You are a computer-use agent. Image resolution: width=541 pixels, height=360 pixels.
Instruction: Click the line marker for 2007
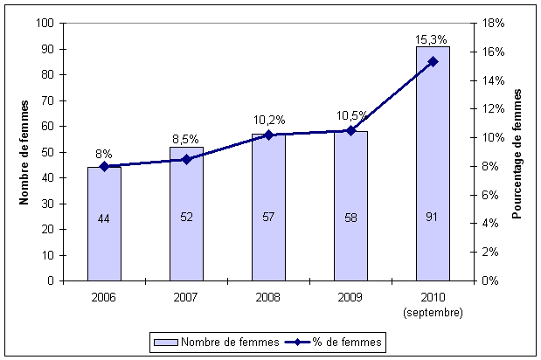(186, 159)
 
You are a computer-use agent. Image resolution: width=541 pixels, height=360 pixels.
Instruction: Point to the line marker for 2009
(350, 130)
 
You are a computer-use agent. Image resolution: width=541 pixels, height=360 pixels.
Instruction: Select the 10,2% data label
(268, 119)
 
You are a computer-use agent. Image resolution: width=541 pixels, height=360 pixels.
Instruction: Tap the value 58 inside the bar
(350, 218)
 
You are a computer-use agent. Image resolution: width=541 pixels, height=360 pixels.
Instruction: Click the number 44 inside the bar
(104, 218)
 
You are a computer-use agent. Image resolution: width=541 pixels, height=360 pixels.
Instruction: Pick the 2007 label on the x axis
(186, 298)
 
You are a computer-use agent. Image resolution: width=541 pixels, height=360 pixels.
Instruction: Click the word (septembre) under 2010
(433, 311)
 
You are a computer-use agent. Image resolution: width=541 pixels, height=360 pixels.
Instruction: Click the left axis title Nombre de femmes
(24, 152)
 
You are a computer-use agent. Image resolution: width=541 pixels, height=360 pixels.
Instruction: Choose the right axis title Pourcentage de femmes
(517, 152)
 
